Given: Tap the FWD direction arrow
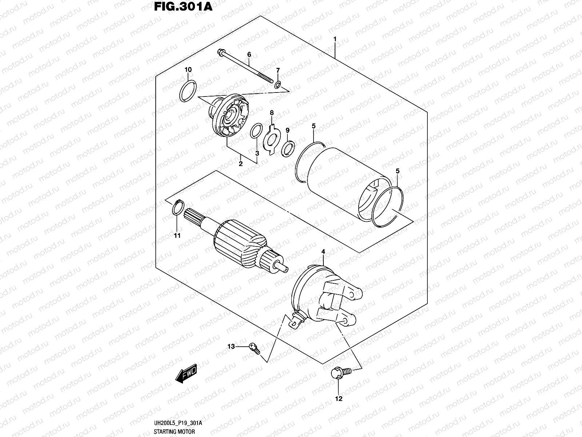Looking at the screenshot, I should point(186,374).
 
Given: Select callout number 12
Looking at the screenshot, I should point(339,399).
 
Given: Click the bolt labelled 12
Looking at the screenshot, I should point(340,372).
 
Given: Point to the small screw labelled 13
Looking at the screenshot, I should point(254,348).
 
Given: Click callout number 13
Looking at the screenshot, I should point(231,347).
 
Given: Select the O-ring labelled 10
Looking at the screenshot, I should point(188,91).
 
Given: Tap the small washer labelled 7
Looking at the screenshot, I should point(278,85).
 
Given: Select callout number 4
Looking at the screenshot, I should point(323,251).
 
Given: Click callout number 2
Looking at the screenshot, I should point(240,164).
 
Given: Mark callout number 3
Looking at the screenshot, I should point(257,153).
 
